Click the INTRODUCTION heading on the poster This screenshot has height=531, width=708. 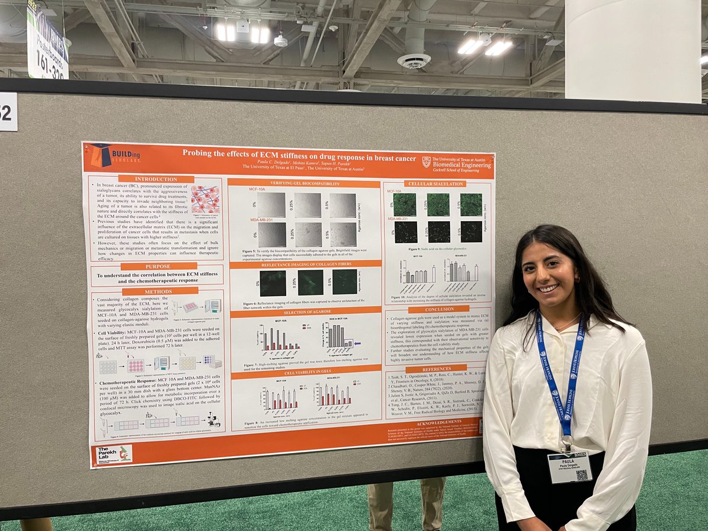[x=156, y=179]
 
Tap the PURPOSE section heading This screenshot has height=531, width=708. [x=154, y=267]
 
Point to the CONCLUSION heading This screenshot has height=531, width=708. [x=439, y=309]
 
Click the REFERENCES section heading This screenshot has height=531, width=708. [x=436, y=368]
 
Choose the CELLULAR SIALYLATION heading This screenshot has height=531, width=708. [x=435, y=183]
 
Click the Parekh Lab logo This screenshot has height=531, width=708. [x=114, y=454]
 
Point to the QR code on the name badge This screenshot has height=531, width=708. [x=582, y=475]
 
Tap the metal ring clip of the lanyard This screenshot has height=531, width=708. [x=567, y=441]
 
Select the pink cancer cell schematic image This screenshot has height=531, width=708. [x=205, y=199]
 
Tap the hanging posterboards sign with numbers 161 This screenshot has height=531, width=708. [x=47, y=41]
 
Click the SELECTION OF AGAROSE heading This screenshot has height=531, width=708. [x=304, y=313]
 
